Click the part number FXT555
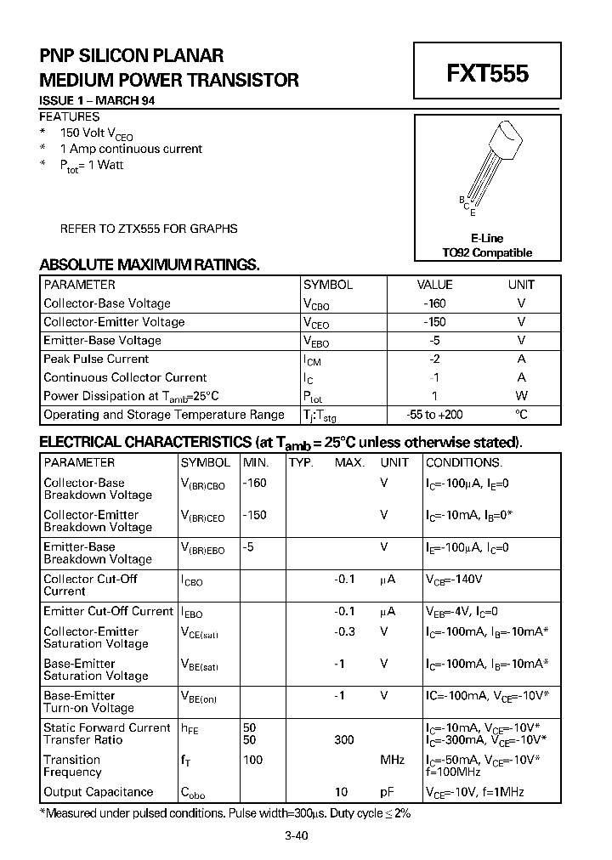coord(487,74)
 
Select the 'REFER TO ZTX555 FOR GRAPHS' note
coord(148,229)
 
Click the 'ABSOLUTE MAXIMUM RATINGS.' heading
coord(150,265)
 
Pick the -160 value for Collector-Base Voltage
coord(434,303)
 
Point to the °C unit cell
coord(521,415)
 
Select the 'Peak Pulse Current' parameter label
coord(96,359)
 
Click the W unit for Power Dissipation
coord(521,396)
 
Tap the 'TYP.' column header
coord(301,463)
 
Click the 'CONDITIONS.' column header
coord(464,463)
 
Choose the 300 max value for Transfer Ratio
coord(344,740)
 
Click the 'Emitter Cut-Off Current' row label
coord(108,611)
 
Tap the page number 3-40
coord(296,836)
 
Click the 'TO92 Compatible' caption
coord(487,252)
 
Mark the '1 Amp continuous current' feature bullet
coord(131,149)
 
